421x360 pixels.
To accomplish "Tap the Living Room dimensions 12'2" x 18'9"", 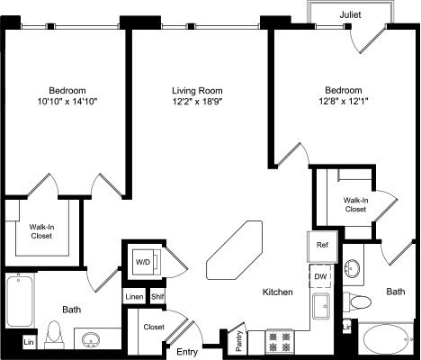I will (x=197, y=103).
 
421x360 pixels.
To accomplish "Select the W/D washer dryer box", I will (x=143, y=262).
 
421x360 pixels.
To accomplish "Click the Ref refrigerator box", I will (x=322, y=244).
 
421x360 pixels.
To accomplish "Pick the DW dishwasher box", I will (x=320, y=276).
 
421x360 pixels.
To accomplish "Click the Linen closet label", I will (x=133, y=297).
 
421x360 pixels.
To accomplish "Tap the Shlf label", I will (x=157, y=297).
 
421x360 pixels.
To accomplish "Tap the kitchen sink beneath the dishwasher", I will (x=321, y=307).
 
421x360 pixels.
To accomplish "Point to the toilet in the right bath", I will (x=362, y=301).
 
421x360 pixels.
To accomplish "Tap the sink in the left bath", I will (x=91, y=340).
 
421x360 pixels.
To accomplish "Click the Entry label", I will (x=187, y=351).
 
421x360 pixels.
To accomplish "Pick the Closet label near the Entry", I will (x=153, y=327).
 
